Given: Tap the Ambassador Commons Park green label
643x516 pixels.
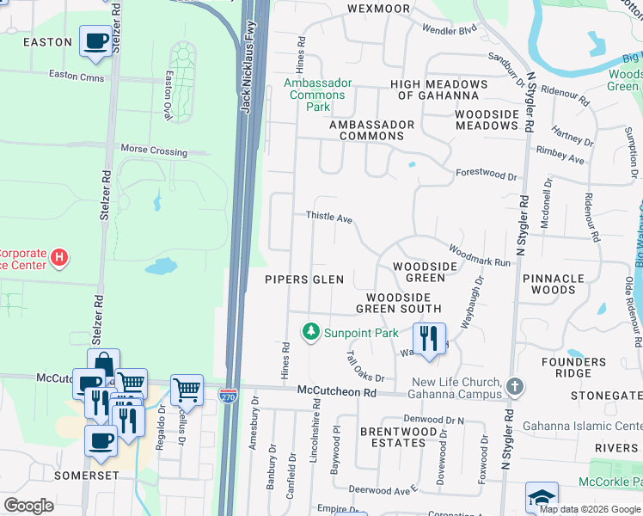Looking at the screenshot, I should point(319,95).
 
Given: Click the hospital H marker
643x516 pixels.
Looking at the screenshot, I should point(58,256).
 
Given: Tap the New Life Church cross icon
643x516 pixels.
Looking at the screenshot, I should point(514,385).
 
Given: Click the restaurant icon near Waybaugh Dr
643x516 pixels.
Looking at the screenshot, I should point(429,338).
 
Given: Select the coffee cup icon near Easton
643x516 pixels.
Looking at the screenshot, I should point(95,40).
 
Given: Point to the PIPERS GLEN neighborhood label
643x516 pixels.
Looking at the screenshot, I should point(303,279).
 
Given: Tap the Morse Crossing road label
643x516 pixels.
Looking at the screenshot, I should point(154,150).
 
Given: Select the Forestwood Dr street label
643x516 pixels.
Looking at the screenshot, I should point(487,175).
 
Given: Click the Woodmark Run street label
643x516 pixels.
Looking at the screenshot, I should point(479,256).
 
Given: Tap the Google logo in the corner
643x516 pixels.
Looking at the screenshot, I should point(29,506).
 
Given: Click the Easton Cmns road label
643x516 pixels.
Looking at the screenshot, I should point(77,77).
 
